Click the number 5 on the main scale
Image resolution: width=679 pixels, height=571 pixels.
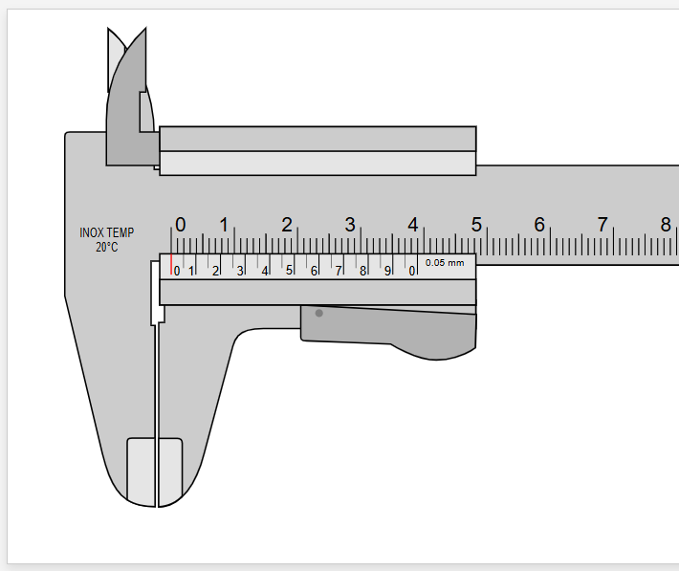[476, 225]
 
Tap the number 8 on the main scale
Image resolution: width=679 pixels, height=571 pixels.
[666, 225]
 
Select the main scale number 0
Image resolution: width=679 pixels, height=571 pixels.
[181, 225]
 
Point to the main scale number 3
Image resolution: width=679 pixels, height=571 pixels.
[350, 225]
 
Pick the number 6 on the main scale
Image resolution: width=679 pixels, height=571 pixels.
[539, 225]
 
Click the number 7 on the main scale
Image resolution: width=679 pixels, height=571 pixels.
[602, 225]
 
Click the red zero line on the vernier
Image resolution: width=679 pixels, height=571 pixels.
[171, 265]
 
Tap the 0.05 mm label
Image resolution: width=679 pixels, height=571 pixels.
[445, 262]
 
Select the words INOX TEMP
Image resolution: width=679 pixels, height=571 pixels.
[106, 232]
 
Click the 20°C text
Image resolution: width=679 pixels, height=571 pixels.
[106, 247]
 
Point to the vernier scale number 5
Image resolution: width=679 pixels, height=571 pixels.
[289, 271]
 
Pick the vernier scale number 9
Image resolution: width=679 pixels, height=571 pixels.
[387, 271]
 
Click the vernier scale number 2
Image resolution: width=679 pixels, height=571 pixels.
[215, 271]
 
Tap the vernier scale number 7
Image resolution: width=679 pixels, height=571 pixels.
[338, 271]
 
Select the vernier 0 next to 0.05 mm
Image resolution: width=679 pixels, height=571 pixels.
[412, 271]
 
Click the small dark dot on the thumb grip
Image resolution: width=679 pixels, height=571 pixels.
[319, 313]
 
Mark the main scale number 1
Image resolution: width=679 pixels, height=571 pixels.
[224, 225]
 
